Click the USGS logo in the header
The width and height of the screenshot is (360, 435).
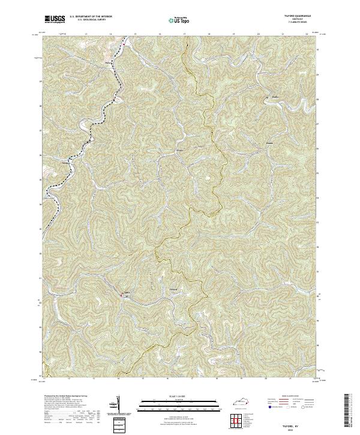(x=55, y=20)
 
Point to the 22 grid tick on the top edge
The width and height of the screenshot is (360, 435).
(x=307, y=35)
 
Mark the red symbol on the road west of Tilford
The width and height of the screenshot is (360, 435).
(x=122, y=294)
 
